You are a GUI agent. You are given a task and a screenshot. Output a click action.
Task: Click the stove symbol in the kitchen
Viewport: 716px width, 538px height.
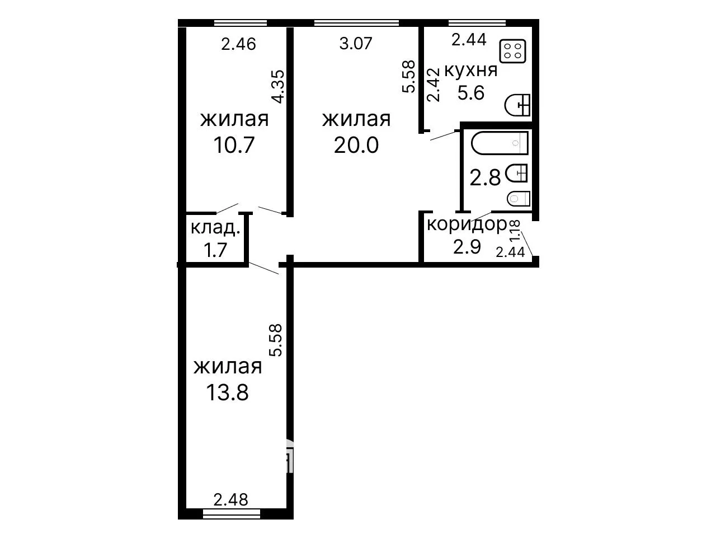click(513, 52)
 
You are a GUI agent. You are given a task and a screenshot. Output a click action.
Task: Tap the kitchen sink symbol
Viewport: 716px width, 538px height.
click(517, 105)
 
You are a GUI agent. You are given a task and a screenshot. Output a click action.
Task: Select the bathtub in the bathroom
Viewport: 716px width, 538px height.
click(500, 143)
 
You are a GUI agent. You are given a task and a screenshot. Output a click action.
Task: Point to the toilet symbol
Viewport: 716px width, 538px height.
click(519, 199)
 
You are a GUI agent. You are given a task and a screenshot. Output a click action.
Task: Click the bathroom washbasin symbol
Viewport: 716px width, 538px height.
click(517, 173)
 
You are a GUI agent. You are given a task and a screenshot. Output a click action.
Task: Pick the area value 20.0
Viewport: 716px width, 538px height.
click(356, 145)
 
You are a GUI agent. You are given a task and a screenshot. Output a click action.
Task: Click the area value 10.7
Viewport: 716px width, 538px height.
click(234, 145)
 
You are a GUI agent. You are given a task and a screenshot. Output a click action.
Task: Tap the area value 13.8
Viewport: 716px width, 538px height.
click(227, 392)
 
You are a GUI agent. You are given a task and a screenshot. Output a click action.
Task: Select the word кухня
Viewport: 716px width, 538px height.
click(470, 70)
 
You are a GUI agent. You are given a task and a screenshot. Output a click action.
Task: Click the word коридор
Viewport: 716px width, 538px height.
click(467, 225)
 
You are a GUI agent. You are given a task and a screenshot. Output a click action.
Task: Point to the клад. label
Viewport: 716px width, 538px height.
click(215, 227)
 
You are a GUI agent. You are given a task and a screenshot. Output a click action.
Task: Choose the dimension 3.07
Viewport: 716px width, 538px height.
click(356, 44)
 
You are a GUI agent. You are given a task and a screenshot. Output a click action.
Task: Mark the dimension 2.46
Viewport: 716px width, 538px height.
click(238, 44)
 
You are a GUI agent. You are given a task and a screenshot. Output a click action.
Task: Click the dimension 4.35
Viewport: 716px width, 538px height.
click(279, 87)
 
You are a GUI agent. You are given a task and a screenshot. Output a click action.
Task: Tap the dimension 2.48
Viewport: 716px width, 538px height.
click(230, 499)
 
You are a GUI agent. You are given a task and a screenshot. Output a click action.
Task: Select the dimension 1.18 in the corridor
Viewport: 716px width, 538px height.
click(515, 231)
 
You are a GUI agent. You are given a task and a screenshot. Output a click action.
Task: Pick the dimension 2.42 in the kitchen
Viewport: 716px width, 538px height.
click(434, 85)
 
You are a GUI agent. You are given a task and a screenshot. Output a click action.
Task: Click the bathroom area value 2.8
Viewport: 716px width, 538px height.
click(485, 179)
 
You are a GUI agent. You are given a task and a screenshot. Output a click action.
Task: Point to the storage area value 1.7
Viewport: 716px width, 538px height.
click(215, 250)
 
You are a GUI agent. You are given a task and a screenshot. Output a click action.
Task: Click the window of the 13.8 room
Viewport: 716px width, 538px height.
click(232, 514)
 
